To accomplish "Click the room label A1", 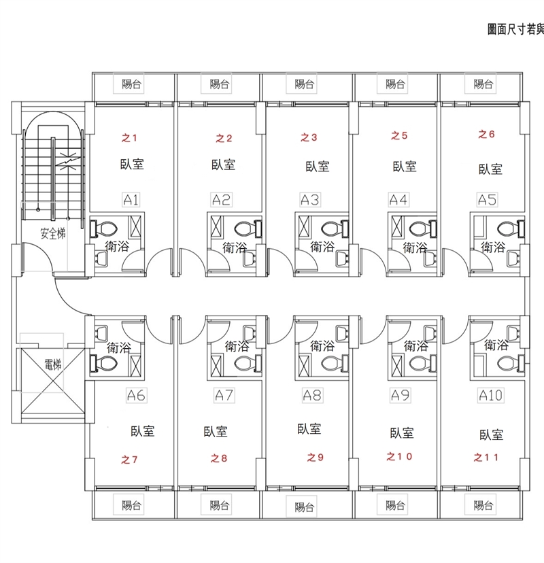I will pos(131,200).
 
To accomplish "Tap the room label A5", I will pos(487,200).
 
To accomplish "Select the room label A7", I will pos(224,394).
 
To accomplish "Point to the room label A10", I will pos(490,395).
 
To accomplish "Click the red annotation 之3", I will pos(309,137).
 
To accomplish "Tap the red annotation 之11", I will pos(486,458).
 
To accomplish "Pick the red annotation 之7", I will pos(129,460).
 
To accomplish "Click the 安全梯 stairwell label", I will pos(52,235).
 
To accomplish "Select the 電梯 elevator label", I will pos(52,364).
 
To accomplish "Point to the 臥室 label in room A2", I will pos(224,165).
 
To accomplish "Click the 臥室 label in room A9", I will pos(402,432).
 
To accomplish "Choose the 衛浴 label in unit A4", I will pos(415,248).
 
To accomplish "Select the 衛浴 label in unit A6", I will pos(118,348).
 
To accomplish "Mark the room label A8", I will pos(312,394).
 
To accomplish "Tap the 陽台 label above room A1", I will pos(131,85).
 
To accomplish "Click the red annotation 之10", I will pos(398,456).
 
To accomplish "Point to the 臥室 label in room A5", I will pos(490,169).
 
